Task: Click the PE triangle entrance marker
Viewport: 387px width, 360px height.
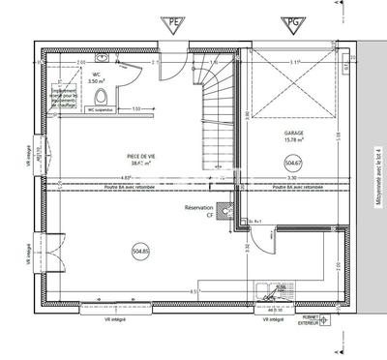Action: click(x=175, y=23)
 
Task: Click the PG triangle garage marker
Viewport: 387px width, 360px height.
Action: click(x=290, y=23)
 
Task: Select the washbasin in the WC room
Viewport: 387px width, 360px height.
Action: click(x=117, y=71)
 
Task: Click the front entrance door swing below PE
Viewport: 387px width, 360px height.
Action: click(x=170, y=56)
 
